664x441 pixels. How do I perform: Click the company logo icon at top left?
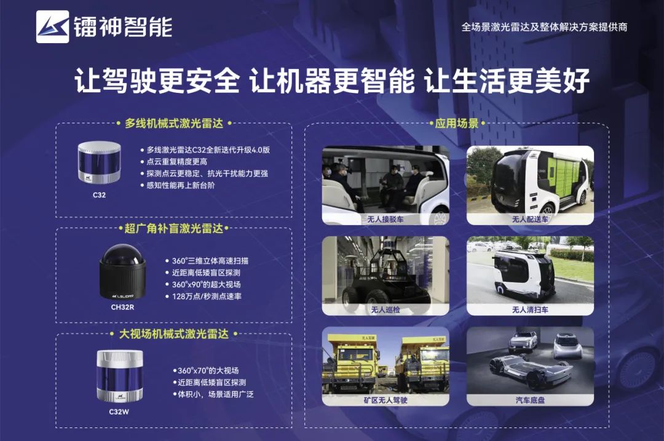pos(52,26)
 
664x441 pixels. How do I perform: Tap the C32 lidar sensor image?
pos(99,162)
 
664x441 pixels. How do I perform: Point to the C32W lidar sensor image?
pos(120,376)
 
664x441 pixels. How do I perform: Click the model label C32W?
pos(119,411)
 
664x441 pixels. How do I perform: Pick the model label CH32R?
pos(122,307)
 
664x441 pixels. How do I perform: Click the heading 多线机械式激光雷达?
pos(173,123)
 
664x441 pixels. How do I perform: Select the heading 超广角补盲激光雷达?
pos(173,229)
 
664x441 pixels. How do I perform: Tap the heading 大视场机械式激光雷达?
pos(173,334)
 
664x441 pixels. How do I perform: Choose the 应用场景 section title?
pos(456,123)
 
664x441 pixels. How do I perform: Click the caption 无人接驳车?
pos(385,219)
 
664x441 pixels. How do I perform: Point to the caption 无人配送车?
pos(530,219)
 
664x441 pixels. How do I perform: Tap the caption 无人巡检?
pos(385,309)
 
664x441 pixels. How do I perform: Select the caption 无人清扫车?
pos(530,309)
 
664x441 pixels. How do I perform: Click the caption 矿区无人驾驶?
pos(385,400)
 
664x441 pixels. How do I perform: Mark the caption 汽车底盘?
pos(530,400)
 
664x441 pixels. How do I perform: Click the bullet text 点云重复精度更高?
pos(176,161)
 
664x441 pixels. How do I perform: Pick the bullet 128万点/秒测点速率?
pos(207,296)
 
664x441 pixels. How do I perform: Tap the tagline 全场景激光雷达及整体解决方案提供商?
pos(544,27)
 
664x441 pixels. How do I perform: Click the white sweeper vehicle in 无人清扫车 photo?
pos(524,273)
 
